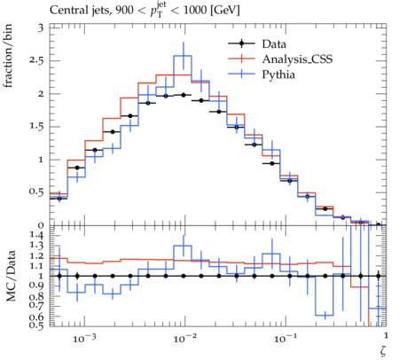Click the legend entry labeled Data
[274, 44]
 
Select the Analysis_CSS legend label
[297, 59]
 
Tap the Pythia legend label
[278, 74]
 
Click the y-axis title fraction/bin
[8, 56]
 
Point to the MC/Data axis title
[11, 276]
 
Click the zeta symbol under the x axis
[383, 350]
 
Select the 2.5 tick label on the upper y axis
[36, 61]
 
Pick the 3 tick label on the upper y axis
[41, 27]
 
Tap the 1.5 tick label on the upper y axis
[36, 127]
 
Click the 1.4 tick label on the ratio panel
[36, 236]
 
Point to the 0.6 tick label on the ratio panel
[36, 317]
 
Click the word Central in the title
[66, 11]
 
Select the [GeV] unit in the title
[225, 11]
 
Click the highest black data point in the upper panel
[184, 95]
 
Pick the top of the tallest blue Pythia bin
[183, 56]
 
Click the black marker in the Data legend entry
[241, 44]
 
